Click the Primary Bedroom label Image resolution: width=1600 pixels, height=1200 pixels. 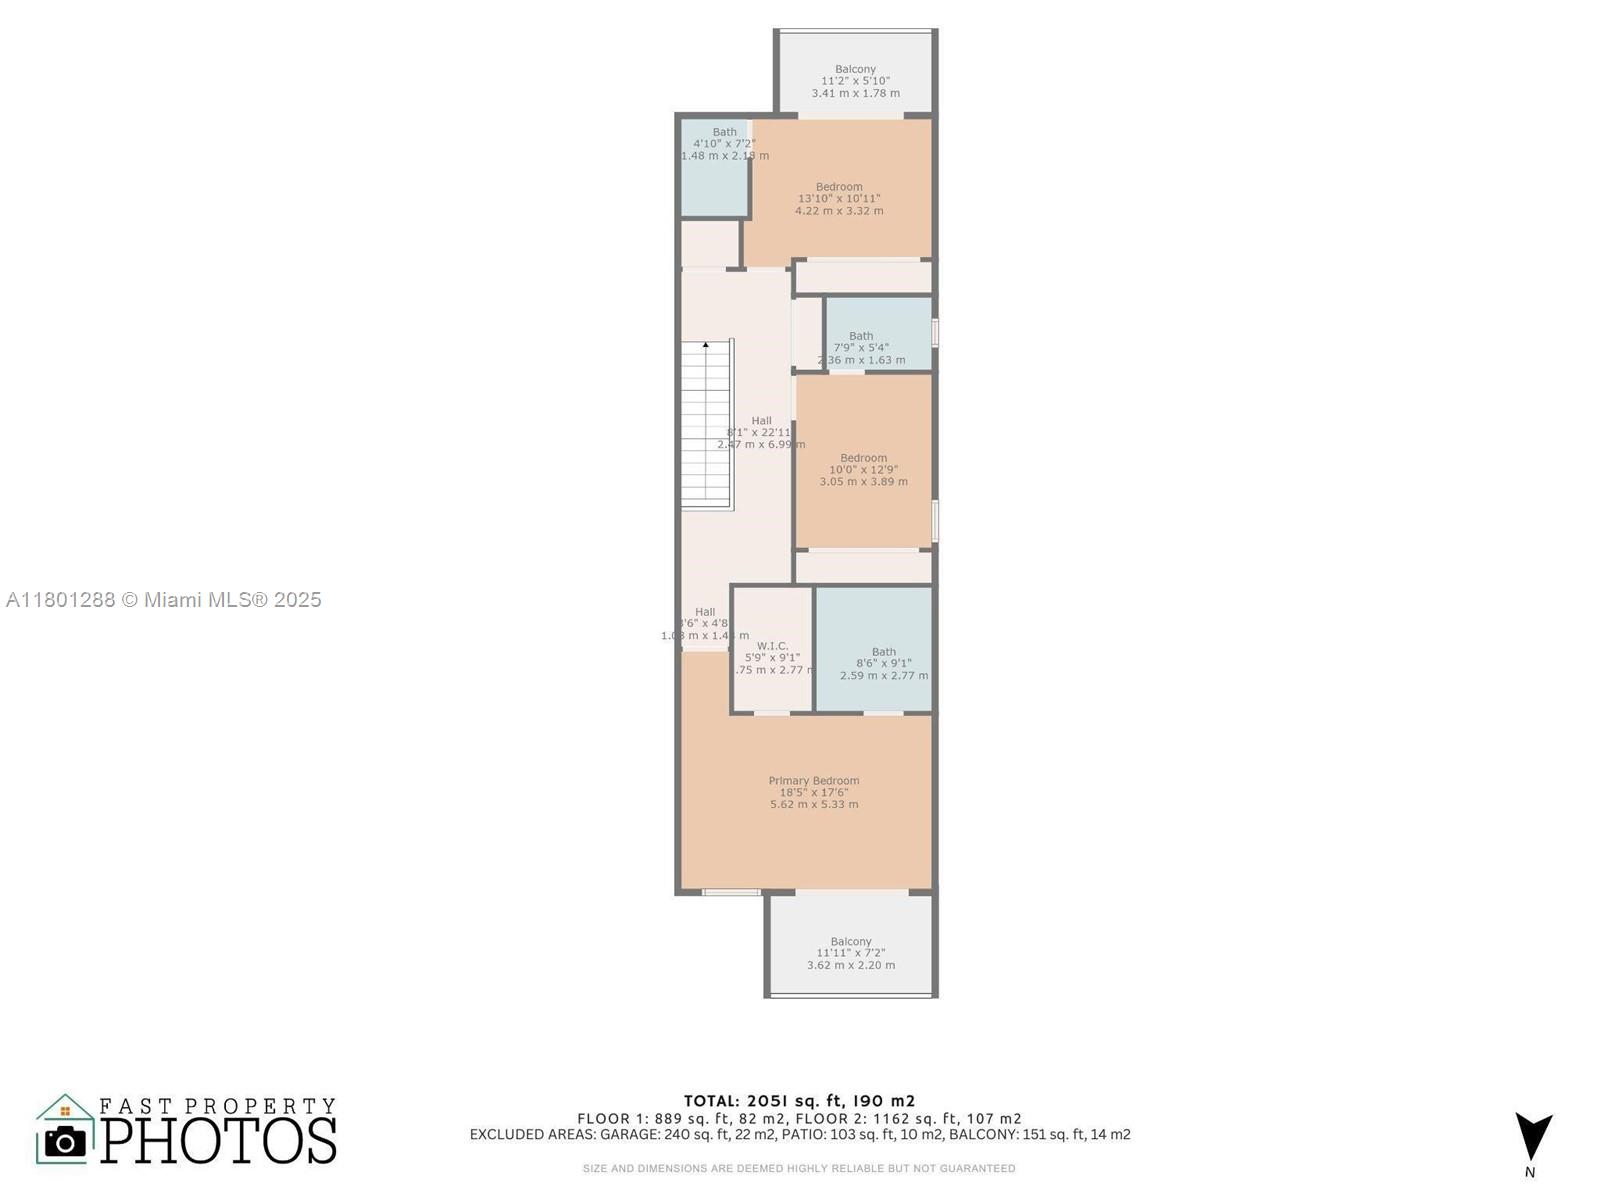(x=813, y=781)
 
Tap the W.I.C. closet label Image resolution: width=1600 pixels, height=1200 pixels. (x=772, y=646)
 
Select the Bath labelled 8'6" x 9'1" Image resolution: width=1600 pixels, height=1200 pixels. (x=883, y=663)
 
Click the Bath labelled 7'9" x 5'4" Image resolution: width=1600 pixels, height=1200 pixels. (x=861, y=347)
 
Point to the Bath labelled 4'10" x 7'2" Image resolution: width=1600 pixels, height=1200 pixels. (x=724, y=143)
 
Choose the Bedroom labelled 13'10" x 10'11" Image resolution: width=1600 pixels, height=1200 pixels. (x=838, y=198)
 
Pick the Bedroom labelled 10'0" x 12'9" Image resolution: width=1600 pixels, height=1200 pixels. (x=863, y=469)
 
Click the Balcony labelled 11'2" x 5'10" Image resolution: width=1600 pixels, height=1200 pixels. (x=855, y=81)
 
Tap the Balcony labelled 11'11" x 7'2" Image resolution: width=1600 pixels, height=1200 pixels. (x=850, y=953)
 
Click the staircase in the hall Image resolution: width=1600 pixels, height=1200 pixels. (x=707, y=425)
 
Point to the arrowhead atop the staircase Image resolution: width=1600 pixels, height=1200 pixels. (x=706, y=345)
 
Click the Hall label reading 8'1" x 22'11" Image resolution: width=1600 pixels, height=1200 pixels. (x=761, y=432)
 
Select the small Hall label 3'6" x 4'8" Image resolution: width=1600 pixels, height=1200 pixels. (x=705, y=623)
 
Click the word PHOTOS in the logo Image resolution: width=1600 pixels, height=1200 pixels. (x=218, y=1141)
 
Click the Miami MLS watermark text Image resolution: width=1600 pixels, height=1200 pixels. (x=163, y=600)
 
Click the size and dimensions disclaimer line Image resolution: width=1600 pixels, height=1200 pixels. (x=799, y=1168)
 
